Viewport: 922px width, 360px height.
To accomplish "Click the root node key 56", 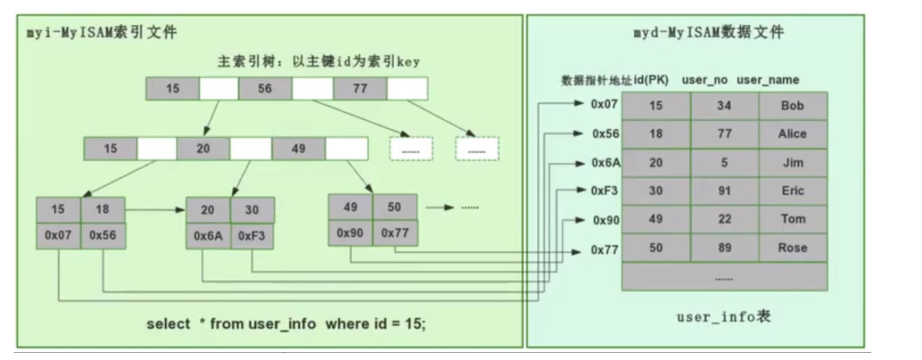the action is pyautogui.click(x=265, y=88).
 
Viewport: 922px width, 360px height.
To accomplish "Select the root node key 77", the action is pyautogui.click(x=360, y=88).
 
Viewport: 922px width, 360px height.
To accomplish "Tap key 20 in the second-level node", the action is pyautogui.click(x=203, y=149).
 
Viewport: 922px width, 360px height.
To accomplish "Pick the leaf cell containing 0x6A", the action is pyautogui.click(x=208, y=236).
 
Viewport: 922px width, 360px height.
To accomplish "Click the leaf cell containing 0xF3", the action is pyautogui.click(x=251, y=236).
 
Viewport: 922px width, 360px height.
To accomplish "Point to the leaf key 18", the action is pyautogui.click(x=103, y=209).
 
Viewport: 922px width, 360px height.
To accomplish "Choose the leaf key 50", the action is pyautogui.click(x=394, y=207).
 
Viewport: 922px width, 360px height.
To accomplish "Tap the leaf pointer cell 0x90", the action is pyautogui.click(x=350, y=233).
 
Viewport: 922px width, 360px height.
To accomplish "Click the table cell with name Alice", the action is pyautogui.click(x=793, y=133).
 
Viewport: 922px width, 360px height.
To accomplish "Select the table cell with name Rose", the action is pyautogui.click(x=793, y=248).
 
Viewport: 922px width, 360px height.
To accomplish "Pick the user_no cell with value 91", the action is pyautogui.click(x=724, y=191).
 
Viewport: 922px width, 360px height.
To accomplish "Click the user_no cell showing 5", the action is pyautogui.click(x=724, y=162).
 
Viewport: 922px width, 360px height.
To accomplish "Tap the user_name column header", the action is pyautogui.click(x=767, y=80).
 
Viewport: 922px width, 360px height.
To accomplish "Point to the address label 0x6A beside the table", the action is pyautogui.click(x=606, y=163).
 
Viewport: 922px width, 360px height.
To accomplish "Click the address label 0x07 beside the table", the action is pyautogui.click(x=604, y=105).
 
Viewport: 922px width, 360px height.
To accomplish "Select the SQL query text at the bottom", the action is pyautogui.click(x=286, y=324).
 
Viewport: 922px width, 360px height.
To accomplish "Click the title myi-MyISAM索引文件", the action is pyautogui.click(x=102, y=32).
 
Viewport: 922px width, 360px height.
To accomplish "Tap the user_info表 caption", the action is pyautogui.click(x=723, y=317).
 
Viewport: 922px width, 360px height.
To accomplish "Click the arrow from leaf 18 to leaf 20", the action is pyautogui.click(x=155, y=210).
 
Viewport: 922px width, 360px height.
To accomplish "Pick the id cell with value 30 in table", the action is pyautogui.click(x=656, y=191).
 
